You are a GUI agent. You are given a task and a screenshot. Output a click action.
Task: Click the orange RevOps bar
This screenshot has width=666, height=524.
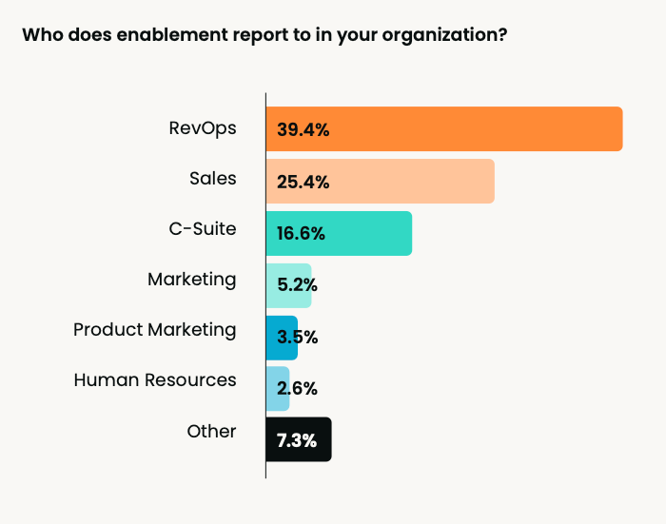pyautogui.click(x=476, y=129)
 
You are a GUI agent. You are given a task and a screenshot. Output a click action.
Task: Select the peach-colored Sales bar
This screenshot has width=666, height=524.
pyautogui.click(x=409, y=181)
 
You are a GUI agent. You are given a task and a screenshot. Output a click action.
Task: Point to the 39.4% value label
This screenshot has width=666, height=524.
pyautogui.click(x=303, y=129)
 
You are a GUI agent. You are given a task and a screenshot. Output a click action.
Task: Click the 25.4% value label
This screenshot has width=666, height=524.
pyautogui.click(x=303, y=182)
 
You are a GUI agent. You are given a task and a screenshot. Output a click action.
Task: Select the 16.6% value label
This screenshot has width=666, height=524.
pyautogui.click(x=302, y=234)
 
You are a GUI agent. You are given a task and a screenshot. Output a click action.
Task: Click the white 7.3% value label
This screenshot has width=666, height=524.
pyautogui.click(x=298, y=440)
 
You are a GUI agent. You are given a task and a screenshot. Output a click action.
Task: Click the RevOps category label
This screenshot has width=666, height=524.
pyautogui.click(x=202, y=127)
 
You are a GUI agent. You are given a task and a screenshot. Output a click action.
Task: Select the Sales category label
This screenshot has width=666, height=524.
pyautogui.click(x=212, y=179)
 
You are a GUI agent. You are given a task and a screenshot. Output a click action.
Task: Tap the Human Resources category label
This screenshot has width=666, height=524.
pyautogui.click(x=155, y=379)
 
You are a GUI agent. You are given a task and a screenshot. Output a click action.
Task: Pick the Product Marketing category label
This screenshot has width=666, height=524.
pyautogui.click(x=155, y=330)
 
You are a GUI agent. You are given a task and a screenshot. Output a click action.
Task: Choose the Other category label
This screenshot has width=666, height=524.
pyautogui.click(x=211, y=431)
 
